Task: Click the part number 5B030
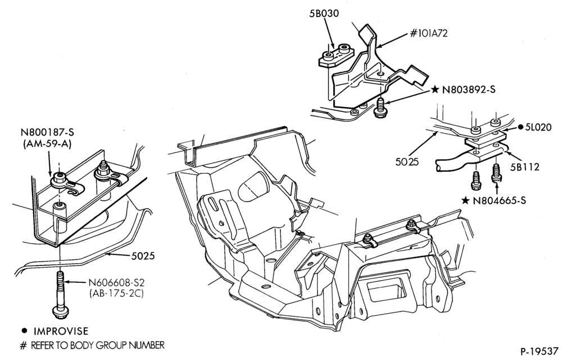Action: pos(324,13)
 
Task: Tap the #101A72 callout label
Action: pos(429,33)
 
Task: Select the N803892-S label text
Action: pos(469,89)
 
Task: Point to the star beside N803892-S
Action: pos(435,89)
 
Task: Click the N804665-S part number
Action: pos(499,200)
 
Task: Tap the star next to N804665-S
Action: pos(465,200)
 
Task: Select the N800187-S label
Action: pos(47,132)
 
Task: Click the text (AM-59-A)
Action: pos(47,144)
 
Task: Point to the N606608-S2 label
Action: pos(116,282)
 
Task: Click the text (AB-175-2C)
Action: pos(116,294)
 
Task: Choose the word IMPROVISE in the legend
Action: pos(61,331)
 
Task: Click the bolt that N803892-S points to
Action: pos(379,107)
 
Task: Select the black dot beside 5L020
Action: pos(520,127)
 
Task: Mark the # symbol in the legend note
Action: pos(23,346)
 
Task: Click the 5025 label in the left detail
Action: pos(143,256)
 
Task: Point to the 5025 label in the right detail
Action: pos(407,161)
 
